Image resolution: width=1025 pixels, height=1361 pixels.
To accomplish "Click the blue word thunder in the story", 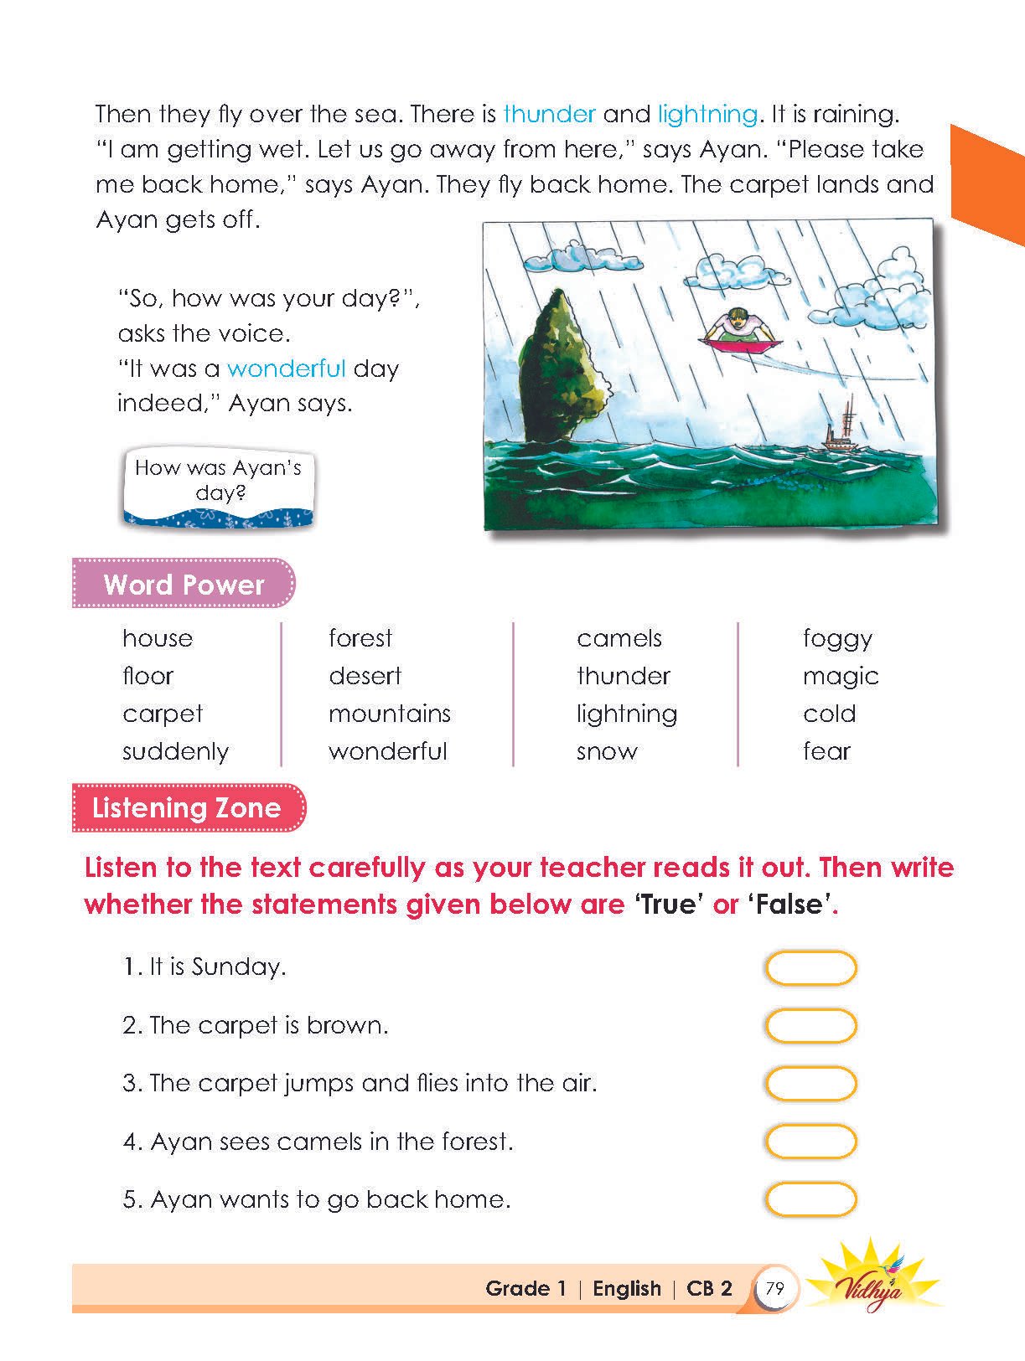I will point(549,114).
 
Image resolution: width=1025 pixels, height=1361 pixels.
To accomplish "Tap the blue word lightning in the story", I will point(707,114).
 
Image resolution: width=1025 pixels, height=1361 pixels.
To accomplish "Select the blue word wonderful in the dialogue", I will point(286,369).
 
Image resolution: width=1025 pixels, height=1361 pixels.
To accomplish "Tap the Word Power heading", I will point(184,584).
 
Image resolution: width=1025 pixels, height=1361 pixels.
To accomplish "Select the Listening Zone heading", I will point(187,807).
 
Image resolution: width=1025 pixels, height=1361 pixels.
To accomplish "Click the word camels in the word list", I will point(619,638).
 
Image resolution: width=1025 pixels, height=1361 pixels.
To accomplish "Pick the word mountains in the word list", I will point(389,714).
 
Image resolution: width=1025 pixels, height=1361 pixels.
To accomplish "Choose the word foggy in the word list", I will point(837,638).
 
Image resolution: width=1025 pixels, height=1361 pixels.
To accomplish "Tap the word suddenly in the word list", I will point(175,751).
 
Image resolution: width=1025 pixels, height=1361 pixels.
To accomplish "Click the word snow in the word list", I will point(607,751).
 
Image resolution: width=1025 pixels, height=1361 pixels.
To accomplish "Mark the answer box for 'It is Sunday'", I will point(810,968).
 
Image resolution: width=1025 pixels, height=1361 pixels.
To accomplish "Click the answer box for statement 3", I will point(810,1084).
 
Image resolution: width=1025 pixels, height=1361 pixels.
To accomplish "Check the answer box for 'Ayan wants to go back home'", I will point(810,1199).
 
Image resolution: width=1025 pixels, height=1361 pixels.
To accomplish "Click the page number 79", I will point(775,1288).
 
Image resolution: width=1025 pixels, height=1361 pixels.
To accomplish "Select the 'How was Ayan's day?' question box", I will point(218,487).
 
